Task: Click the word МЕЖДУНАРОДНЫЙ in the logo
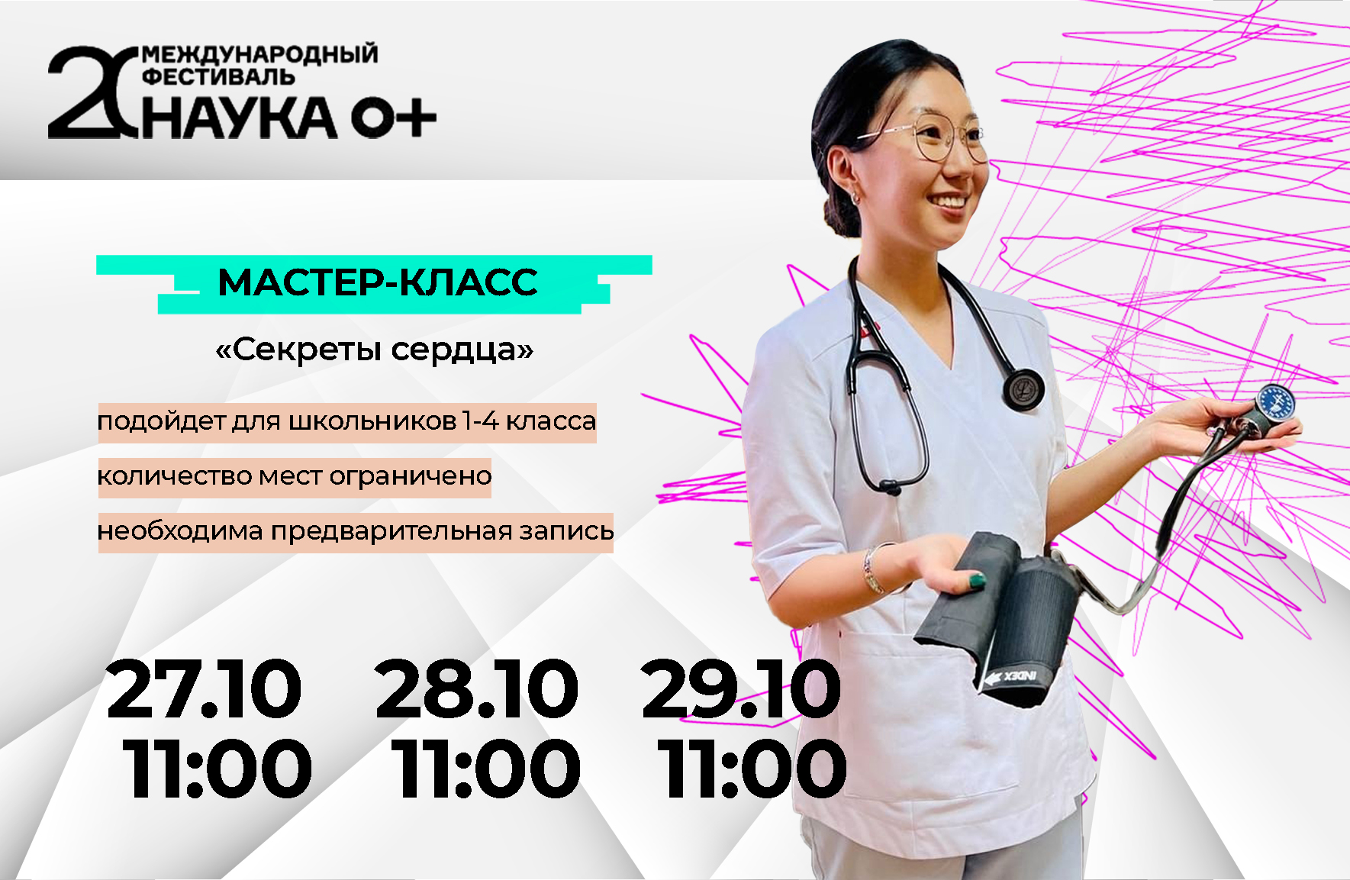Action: coord(259,55)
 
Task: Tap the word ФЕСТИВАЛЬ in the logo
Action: coord(219,77)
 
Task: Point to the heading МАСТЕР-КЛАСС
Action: coord(378,282)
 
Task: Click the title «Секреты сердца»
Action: coord(375,350)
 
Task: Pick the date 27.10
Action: coord(204,689)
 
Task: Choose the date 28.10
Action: coord(476,689)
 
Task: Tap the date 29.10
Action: coord(741,689)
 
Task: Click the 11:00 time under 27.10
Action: coord(217,769)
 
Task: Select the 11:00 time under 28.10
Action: coord(485,769)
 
